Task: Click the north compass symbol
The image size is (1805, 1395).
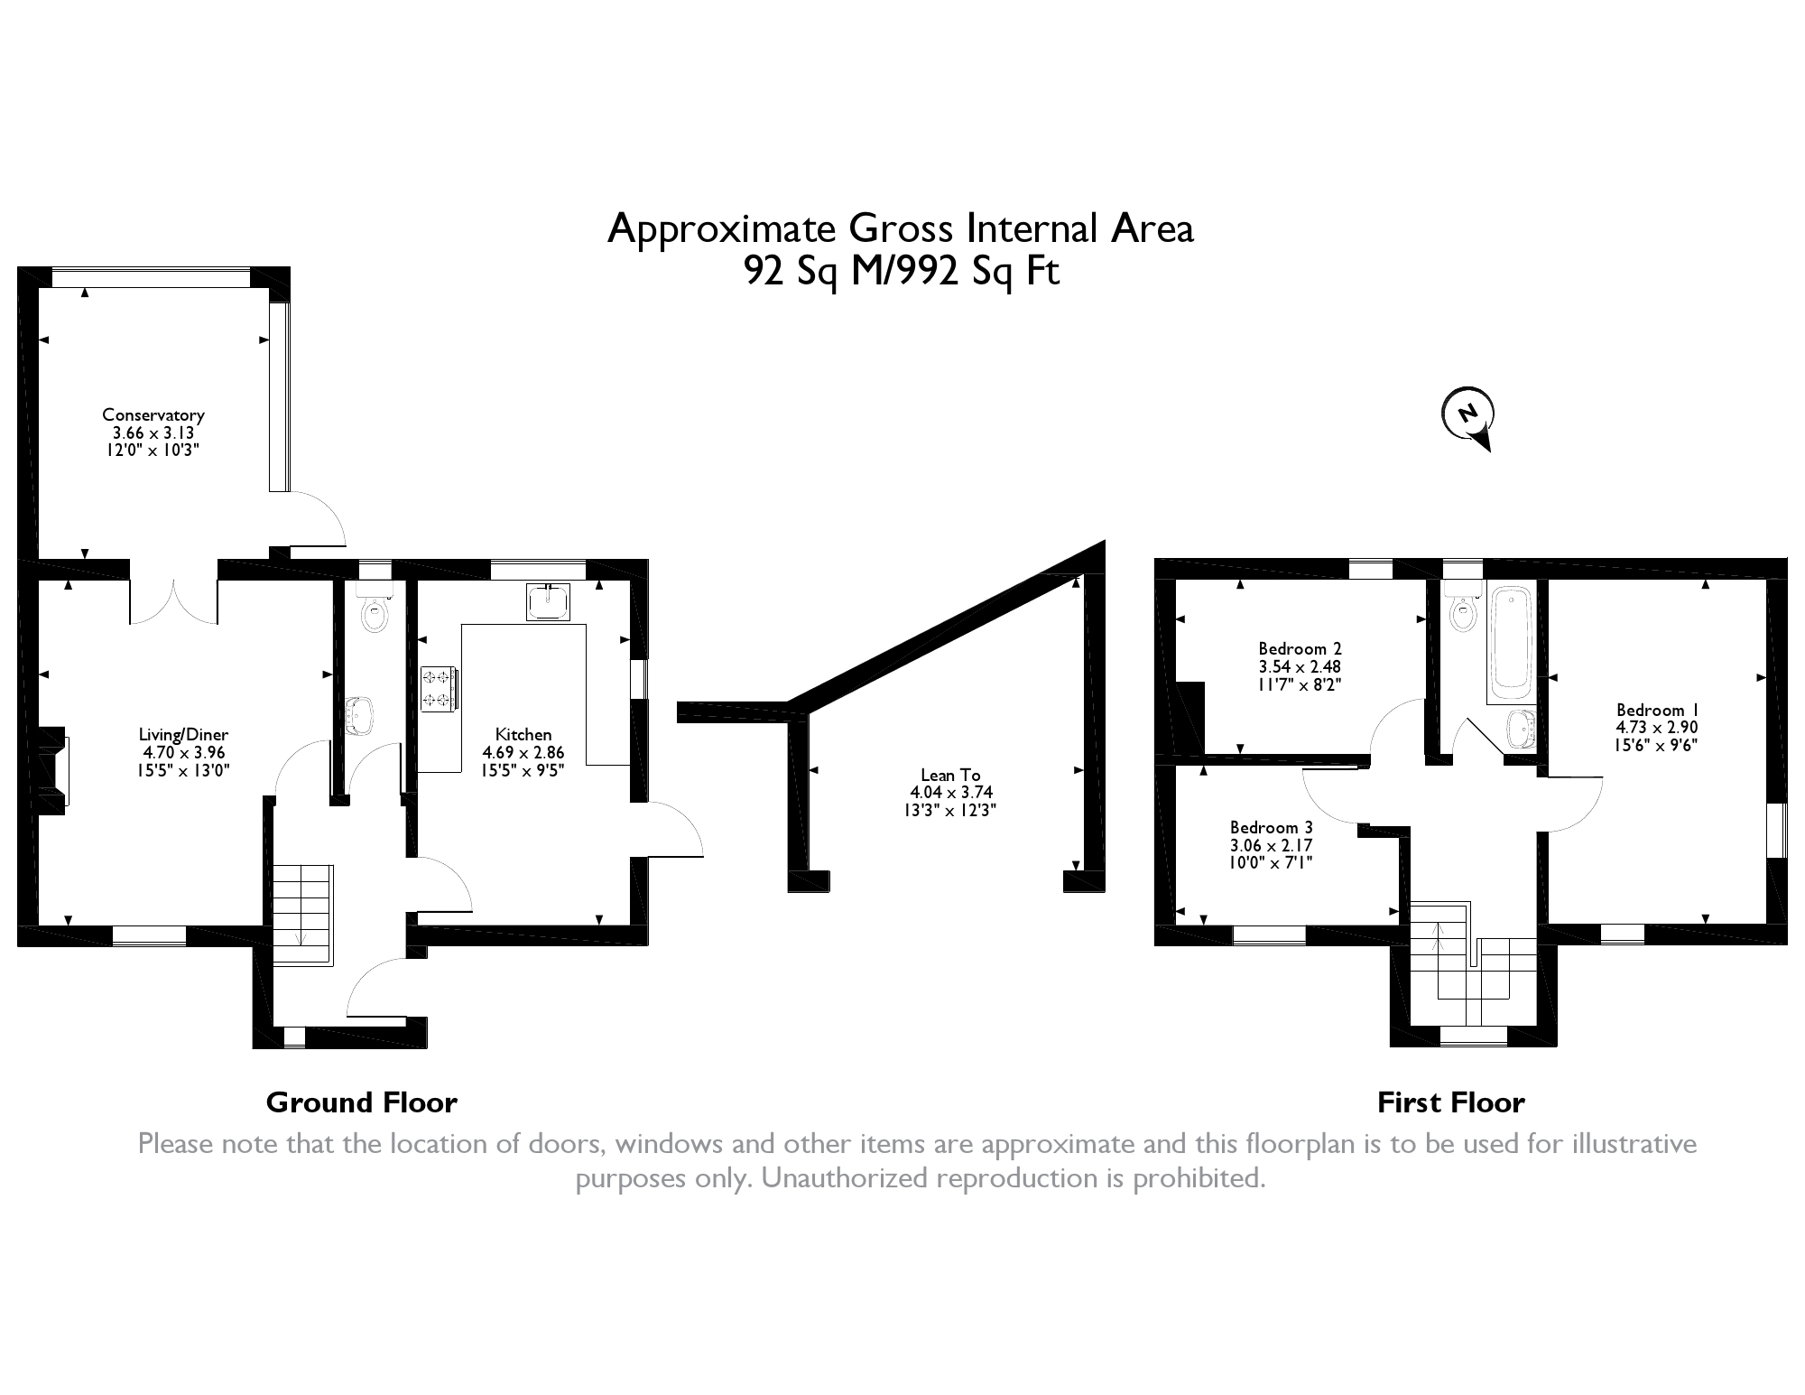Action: click(1467, 418)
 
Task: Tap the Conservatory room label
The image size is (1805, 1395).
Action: click(153, 414)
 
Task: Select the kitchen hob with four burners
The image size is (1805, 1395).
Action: click(439, 688)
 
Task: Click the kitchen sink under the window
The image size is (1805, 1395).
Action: click(549, 602)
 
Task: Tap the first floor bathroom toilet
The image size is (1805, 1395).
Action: click(1462, 609)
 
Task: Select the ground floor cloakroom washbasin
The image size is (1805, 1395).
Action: click(358, 716)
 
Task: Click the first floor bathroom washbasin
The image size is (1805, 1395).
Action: click(1522, 730)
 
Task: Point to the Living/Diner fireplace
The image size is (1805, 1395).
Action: click(52, 770)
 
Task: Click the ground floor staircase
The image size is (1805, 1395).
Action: click(303, 915)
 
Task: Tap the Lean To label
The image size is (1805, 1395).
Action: click(950, 775)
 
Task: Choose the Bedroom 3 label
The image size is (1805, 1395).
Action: click(1272, 827)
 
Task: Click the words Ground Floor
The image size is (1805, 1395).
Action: click(362, 1102)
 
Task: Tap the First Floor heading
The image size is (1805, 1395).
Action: click(1451, 1102)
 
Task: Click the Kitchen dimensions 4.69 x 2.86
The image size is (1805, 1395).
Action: click(523, 752)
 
